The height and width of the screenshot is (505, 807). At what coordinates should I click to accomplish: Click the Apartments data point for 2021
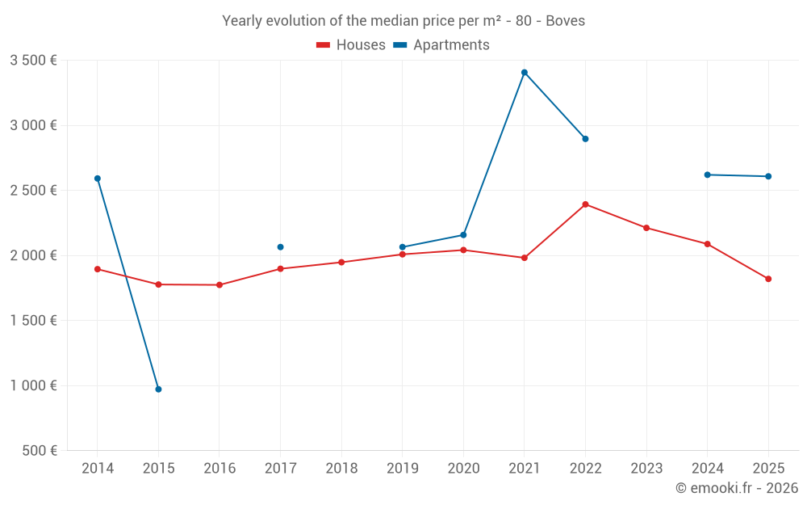pos(525,73)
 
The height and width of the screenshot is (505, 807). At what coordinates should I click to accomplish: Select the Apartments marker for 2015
pos(158,389)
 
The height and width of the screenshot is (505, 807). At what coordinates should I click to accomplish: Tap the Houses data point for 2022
pos(585,204)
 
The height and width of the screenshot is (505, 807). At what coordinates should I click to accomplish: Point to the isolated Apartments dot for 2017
pos(280,247)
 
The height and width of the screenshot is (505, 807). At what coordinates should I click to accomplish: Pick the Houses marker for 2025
pos(768,279)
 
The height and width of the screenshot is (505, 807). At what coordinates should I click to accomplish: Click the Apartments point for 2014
pos(98,179)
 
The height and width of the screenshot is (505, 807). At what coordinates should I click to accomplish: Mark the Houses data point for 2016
pos(220,285)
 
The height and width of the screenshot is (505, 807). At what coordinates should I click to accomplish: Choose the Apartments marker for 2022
pos(585,139)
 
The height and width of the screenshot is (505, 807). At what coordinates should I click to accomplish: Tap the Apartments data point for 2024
pos(707,175)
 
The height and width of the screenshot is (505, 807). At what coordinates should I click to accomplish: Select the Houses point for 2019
pos(402,255)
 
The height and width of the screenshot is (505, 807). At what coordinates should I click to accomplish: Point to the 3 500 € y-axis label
pos(33,61)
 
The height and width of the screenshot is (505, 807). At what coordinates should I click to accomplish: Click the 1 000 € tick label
pos(33,385)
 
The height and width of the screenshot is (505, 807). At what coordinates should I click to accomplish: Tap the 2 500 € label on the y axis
pos(33,191)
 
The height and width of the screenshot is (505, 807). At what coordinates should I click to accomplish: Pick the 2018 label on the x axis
pos(341,469)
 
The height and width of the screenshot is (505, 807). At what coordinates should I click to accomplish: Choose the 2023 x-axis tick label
pos(646,469)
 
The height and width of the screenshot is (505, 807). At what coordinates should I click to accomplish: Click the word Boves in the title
pos(565,21)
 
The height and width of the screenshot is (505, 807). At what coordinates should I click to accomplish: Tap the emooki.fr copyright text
pos(737,488)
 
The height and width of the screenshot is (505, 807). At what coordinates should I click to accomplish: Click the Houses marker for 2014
pos(98,269)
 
